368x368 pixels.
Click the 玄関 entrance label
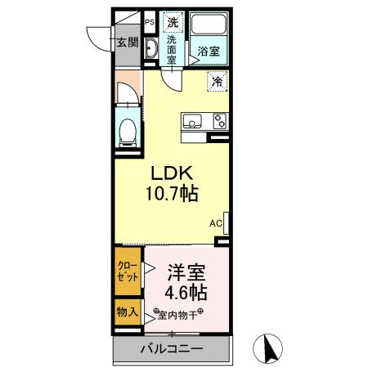(x=126, y=43)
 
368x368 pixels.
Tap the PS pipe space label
(x=150, y=22)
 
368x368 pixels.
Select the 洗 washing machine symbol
(x=173, y=22)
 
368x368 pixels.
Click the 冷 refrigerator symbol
(x=218, y=81)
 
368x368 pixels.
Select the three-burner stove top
(x=219, y=121)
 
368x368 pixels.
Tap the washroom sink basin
(x=150, y=52)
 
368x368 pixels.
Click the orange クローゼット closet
(x=127, y=272)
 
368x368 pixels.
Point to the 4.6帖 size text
(x=187, y=292)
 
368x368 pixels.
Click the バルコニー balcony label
(x=172, y=349)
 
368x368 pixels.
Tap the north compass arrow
(x=267, y=349)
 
